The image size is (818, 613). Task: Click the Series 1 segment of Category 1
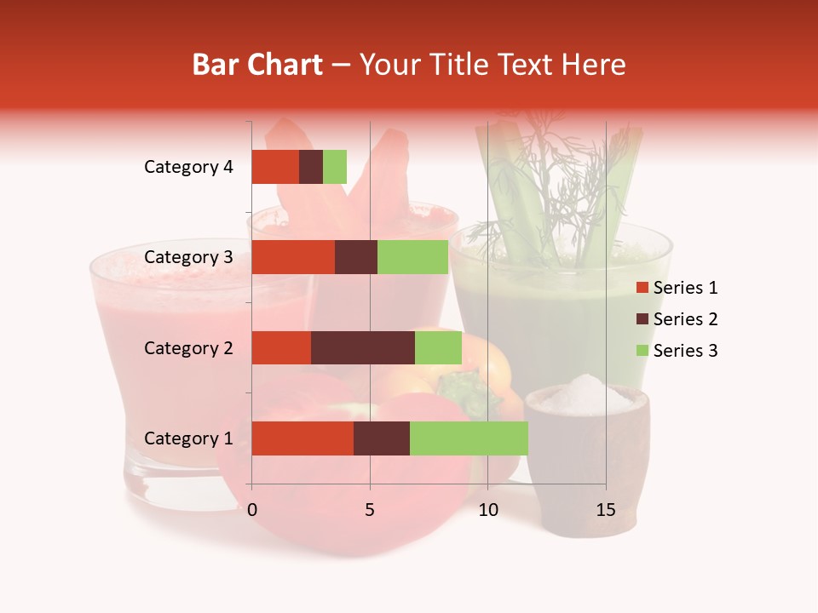(x=302, y=438)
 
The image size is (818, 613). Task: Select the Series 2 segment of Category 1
(x=382, y=438)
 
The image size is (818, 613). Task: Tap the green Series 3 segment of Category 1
(x=469, y=438)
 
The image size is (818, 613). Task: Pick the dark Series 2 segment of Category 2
(x=363, y=347)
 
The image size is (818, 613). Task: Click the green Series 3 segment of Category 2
(x=438, y=347)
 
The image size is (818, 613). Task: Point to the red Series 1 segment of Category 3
(x=293, y=257)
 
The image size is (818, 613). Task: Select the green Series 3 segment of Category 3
(x=412, y=257)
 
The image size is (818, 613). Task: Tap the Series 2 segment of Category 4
(x=311, y=167)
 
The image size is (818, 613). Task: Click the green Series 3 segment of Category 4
(x=335, y=167)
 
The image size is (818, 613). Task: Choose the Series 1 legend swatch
(x=642, y=288)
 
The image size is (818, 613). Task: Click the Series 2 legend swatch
(x=642, y=319)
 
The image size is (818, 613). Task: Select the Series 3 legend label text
(x=685, y=351)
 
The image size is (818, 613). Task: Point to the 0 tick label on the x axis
(x=252, y=510)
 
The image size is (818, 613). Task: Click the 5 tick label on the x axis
(x=370, y=510)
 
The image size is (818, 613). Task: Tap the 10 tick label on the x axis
(x=487, y=510)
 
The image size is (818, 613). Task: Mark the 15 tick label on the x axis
(x=605, y=510)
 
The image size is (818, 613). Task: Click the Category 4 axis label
(x=188, y=167)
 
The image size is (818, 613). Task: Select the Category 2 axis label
(x=188, y=347)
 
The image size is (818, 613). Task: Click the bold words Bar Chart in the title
(x=257, y=65)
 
